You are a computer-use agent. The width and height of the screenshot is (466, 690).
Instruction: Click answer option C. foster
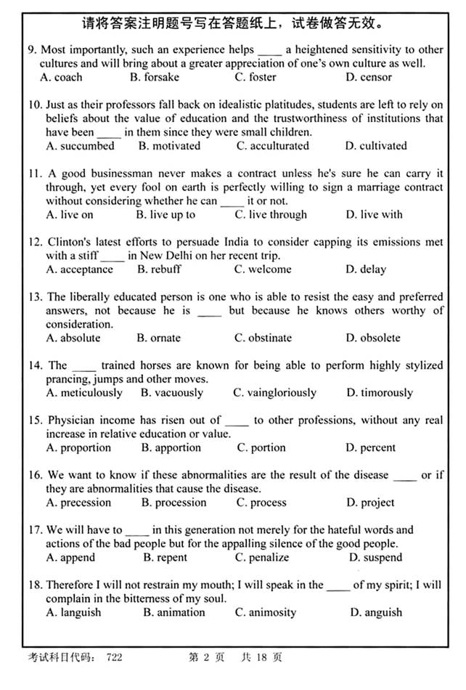255,77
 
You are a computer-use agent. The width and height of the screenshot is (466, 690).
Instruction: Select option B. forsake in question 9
154,77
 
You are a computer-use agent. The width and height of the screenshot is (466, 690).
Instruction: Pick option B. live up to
165,215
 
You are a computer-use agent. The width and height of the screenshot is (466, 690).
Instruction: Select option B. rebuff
159,269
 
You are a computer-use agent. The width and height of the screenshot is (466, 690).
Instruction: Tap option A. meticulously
84,393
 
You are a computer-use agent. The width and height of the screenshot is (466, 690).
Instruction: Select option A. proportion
78,448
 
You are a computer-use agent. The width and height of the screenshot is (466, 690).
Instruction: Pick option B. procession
174,503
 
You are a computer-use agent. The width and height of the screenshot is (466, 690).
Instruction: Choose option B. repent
165,558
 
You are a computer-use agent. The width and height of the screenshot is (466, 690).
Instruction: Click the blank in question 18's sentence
338,585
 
